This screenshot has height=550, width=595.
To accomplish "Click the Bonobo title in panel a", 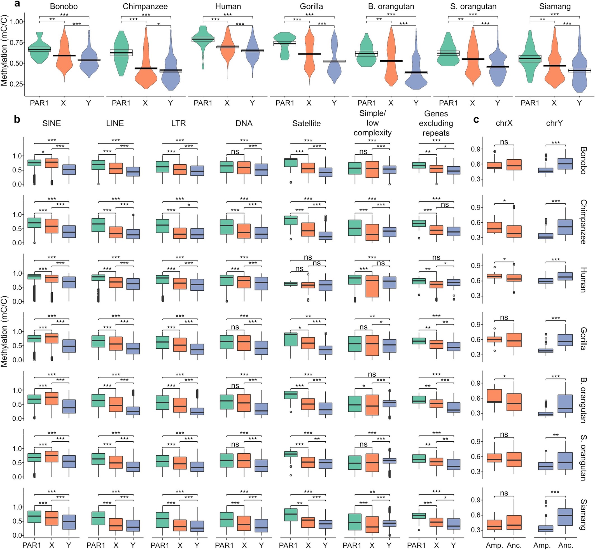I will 64,6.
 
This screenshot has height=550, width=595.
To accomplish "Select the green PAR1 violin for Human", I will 203,39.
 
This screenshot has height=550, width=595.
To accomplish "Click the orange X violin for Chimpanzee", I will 146,68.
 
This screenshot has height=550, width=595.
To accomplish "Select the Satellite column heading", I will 306,123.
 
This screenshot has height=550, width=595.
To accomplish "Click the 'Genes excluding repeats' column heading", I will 436,123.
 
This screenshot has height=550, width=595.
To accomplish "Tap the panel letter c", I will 476,119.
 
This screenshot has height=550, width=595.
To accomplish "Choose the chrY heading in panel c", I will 554,123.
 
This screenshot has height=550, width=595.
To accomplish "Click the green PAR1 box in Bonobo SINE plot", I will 34,163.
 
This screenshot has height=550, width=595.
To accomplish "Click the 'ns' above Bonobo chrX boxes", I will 504,142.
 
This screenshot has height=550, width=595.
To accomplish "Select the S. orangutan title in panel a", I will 473,6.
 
